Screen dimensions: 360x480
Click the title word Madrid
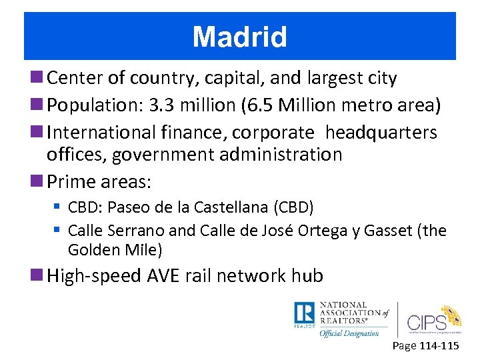tap(239, 37)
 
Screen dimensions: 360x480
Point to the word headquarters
tap(381, 132)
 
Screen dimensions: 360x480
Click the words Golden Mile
tap(115, 250)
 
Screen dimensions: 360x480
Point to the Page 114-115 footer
tap(425, 346)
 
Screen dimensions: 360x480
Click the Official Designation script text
tap(349, 333)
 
